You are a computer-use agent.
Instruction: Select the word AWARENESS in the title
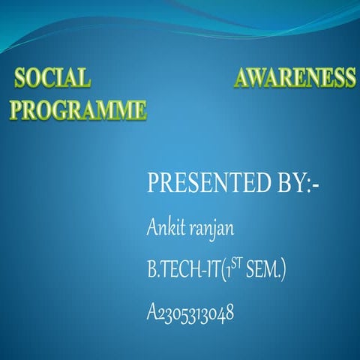pyautogui.click(x=295, y=78)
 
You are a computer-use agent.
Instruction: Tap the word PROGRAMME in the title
pyautogui.click(x=78, y=110)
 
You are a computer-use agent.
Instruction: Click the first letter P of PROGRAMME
pyautogui.click(x=17, y=110)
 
